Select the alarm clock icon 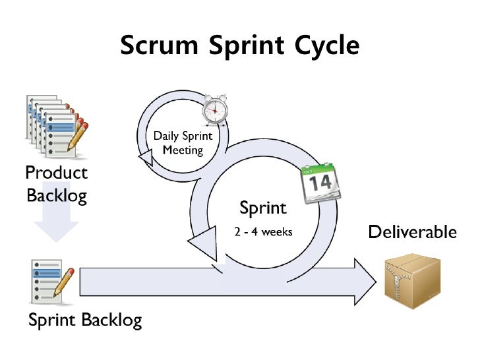(214, 109)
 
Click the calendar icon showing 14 (320, 183)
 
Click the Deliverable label (411, 231)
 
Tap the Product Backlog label (56, 184)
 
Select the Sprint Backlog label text (84, 320)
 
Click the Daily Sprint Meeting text (183, 143)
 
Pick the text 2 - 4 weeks (263, 232)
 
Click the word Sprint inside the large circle (263, 208)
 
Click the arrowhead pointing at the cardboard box (363, 281)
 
